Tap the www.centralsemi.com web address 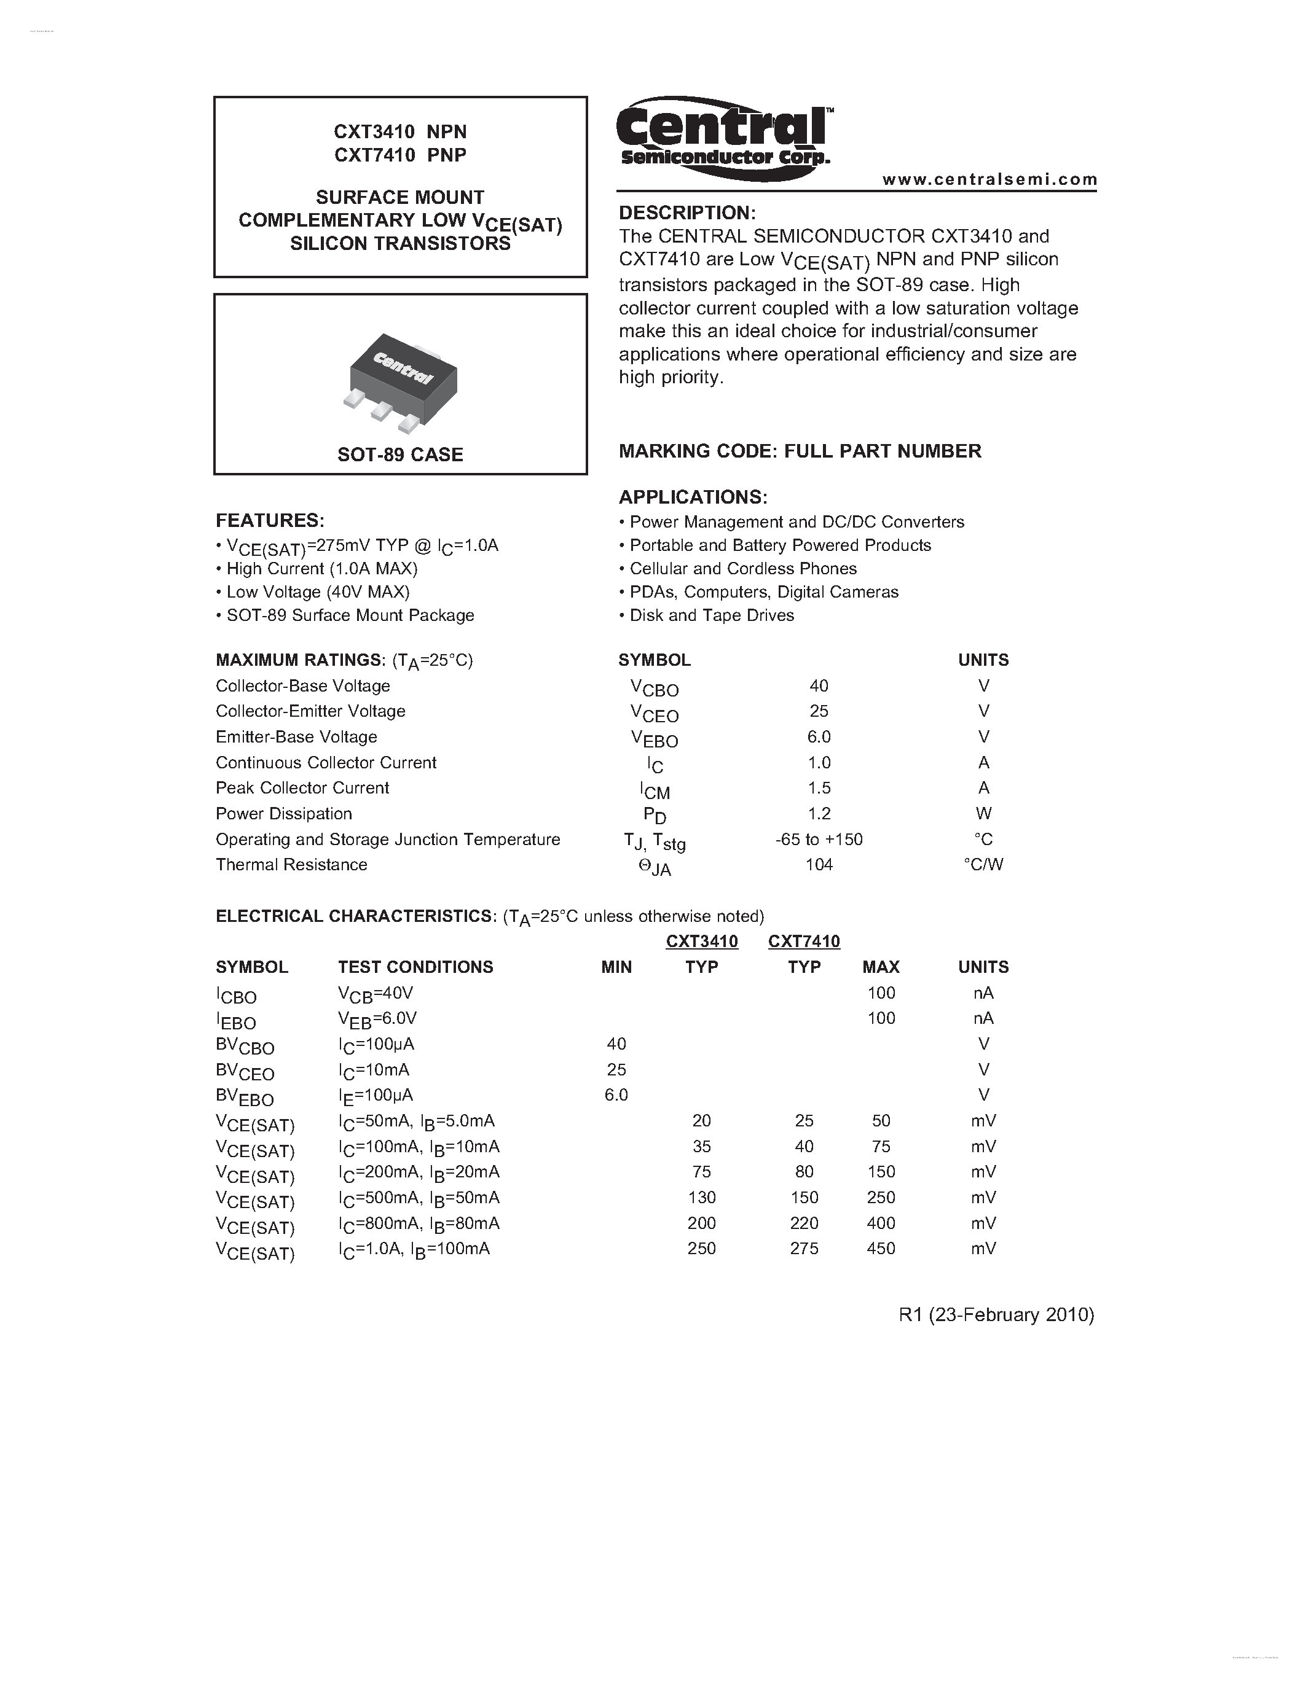(989, 179)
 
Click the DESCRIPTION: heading (687, 213)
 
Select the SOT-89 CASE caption (400, 454)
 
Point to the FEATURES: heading (270, 520)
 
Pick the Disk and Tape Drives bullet (711, 615)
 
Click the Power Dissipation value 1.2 (819, 814)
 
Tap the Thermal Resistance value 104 (819, 865)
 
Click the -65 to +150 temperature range (819, 839)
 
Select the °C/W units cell (983, 865)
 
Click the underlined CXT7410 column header (804, 941)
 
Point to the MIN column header (616, 967)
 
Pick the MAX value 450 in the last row (881, 1248)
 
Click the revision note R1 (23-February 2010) (996, 1315)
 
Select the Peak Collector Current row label (302, 788)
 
